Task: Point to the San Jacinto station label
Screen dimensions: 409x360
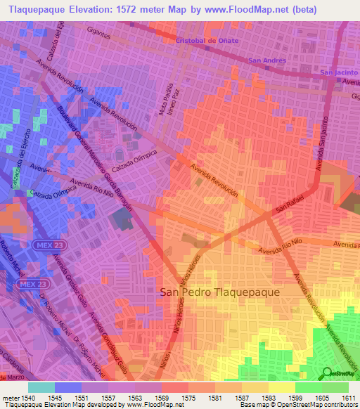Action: coord(339,72)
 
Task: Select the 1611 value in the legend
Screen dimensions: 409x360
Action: coord(349,398)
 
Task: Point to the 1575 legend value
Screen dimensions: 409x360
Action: coord(188,398)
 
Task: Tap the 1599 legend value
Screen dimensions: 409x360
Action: coord(295,398)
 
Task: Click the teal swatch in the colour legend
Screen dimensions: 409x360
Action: coord(41,387)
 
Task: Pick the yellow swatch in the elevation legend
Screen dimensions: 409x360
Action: coord(282,387)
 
